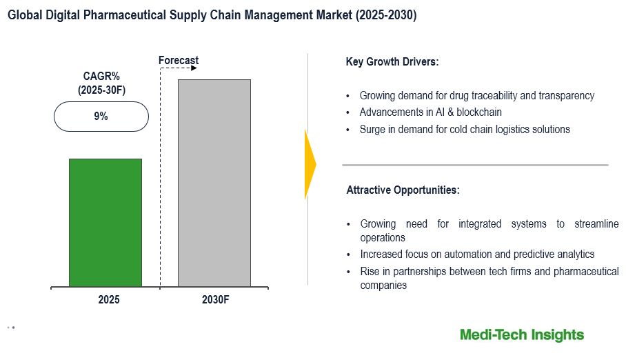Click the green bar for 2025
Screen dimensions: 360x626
[x=105, y=222]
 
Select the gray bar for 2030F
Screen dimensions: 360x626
[x=214, y=183]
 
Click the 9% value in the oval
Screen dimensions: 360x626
[x=101, y=117]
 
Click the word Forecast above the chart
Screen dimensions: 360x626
[x=179, y=61]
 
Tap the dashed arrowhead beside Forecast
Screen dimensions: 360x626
[x=194, y=69]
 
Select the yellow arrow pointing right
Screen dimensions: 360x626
[x=310, y=164]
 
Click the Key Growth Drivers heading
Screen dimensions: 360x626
[x=392, y=62]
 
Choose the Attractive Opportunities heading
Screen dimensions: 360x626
[x=403, y=190]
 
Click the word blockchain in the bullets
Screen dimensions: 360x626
[x=477, y=112]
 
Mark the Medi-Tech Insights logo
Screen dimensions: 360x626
[x=522, y=335]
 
